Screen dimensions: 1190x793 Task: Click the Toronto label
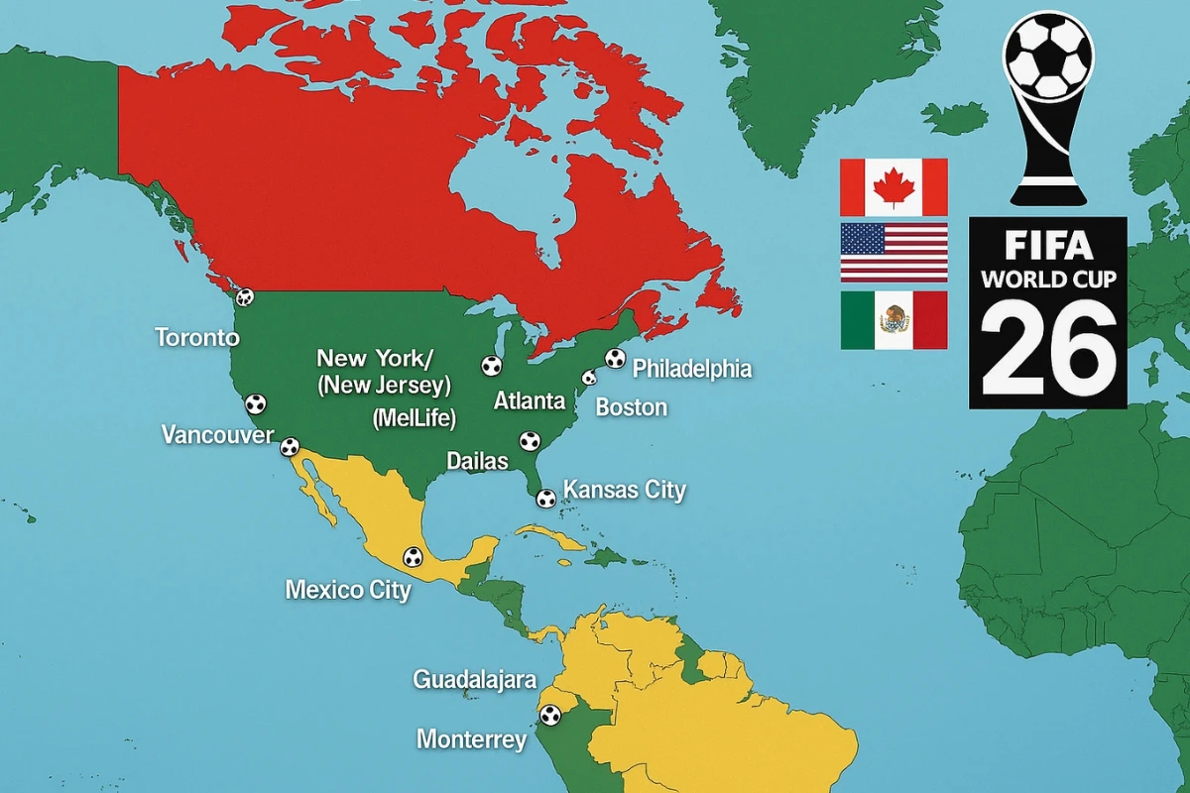[x=197, y=337]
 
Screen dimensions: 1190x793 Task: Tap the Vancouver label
[x=217, y=435]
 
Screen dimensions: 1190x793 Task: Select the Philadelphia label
[x=692, y=370]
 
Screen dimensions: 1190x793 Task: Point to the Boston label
[x=631, y=407]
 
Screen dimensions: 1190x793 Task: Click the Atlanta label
[x=529, y=401]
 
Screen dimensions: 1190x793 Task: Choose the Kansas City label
[x=624, y=490]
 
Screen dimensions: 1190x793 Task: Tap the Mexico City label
[x=348, y=590]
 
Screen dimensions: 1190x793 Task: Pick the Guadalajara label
[x=474, y=680]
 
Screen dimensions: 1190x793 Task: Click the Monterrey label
[x=471, y=739]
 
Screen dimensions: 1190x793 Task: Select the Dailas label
[x=477, y=461]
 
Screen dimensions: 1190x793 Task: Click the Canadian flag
[x=893, y=187]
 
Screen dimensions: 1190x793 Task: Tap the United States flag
[x=893, y=253]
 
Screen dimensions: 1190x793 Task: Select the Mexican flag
[x=893, y=319]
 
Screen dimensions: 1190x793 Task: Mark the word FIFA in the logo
[x=1048, y=244]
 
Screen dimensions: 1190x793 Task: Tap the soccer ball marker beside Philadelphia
[x=615, y=359]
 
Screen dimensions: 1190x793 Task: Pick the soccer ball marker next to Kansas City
[x=545, y=499]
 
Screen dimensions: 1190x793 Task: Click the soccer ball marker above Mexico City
[x=413, y=557]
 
